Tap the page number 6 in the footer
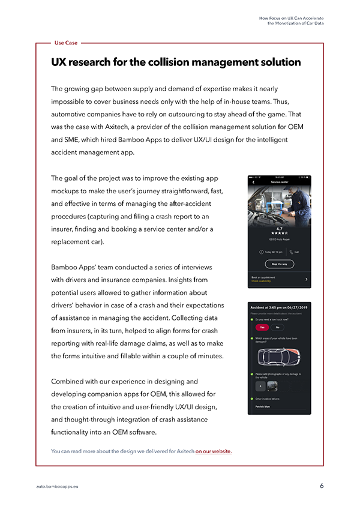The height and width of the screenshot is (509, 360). click(x=322, y=485)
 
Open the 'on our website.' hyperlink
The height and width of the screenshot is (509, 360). click(x=214, y=451)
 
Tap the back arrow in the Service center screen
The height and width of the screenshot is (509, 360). click(x=253, y=182)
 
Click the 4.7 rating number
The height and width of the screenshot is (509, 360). click(x=280, y=228)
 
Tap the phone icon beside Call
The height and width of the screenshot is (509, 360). click(x=290, y=251)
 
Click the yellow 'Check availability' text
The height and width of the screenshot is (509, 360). click(x=262, y=281)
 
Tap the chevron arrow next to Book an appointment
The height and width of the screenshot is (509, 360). click(x=307, y=279)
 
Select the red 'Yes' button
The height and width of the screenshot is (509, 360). click(x=261, y=327)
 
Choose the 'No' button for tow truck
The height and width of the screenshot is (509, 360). click(x=277, y=327)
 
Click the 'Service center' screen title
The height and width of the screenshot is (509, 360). click(x=280, y=182)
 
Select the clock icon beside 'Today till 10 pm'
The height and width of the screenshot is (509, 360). click(x=262, y=251)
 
